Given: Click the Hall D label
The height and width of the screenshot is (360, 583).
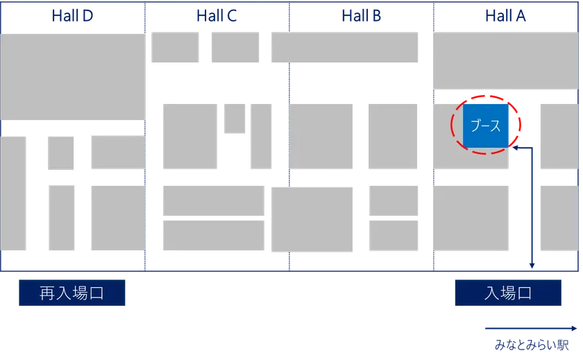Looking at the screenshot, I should click(x=72, y=15).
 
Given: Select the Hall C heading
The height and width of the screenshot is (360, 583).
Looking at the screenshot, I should click(x=217, y=15).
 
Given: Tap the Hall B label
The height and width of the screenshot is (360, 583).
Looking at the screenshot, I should click(x=361, y=15).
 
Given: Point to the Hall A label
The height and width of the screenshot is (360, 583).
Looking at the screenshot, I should click(x=505, y=15).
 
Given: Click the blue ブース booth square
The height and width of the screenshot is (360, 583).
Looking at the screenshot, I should click(x=485, y=126).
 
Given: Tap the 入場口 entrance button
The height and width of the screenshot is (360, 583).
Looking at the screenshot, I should click(x=508, y=293).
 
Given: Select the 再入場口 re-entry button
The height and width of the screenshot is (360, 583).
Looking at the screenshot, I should click(x=72, y=293).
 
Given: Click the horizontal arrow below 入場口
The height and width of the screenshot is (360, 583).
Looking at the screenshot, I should click(x=530, y=329).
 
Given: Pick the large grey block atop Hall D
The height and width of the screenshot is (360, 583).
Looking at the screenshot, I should click(x=72, y=76).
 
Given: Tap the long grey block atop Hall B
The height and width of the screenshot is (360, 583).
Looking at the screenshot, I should click(x=344, y=47).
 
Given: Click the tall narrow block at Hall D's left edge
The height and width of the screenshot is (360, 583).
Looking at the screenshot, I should click(x=14, y=194).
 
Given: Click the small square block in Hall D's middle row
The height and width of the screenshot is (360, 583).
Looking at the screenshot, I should click(x=60, y=153).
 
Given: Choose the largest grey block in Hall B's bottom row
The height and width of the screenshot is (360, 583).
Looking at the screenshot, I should click(x=312, y=218).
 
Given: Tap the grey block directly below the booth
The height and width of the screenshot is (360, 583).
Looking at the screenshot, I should click(x=471, y=218).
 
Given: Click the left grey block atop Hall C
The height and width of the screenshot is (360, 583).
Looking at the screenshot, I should click(x=175, y=47).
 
